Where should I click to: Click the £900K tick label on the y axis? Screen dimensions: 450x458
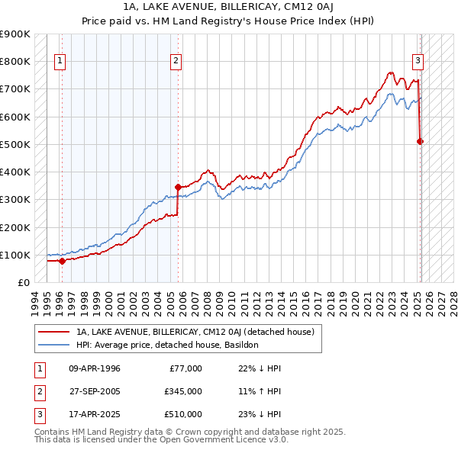point(15,34)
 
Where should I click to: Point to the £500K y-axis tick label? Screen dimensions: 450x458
point(15,144)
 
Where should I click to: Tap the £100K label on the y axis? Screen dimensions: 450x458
point(15,255)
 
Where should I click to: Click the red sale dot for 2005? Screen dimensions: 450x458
point(178,187)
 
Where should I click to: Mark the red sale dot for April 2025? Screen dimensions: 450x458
point(420,141)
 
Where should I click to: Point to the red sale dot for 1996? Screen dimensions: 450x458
point(62,261)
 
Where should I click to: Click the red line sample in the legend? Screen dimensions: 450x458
point(53,332)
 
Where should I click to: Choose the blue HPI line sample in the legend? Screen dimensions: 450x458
point(53,345)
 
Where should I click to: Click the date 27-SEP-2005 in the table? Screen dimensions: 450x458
point(95,391)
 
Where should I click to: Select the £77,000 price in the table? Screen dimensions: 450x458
point(185,368)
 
